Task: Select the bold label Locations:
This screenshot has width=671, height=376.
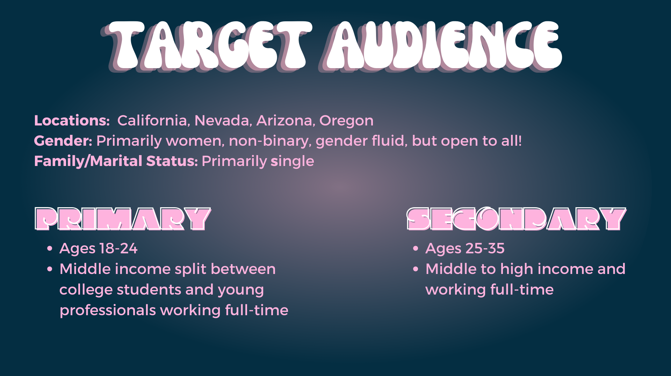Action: [x=72, y=121]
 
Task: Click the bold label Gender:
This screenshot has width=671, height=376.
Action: [x=63, y=141]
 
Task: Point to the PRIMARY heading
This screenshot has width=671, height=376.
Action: [x=123, y=219]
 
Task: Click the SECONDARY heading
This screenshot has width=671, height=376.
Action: [x=517, y=219]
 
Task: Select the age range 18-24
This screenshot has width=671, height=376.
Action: [x=118, y=248]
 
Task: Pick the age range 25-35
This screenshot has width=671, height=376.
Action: [x=485, y=248]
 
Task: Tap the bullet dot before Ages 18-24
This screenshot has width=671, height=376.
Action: [x=50, y=248]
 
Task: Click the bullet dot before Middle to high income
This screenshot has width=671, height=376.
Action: [x=416, y=269]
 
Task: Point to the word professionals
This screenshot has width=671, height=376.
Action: [x=108, y=311]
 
